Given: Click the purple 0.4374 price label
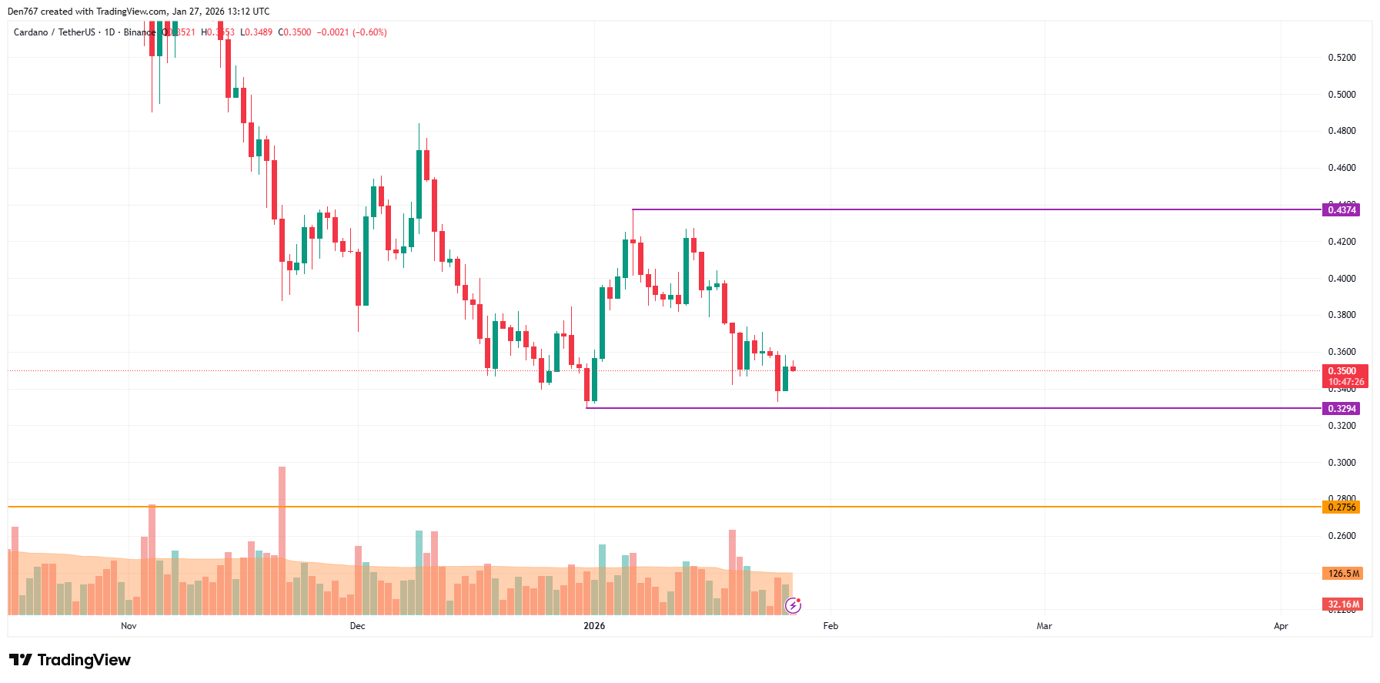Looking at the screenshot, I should coord(1341,209).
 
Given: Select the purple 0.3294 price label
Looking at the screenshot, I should coord(1341,408).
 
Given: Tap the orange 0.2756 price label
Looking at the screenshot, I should coord(1341,507).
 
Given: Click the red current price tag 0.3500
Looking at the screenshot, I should coord(1344,371).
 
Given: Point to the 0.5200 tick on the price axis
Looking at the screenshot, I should coord(1342,58).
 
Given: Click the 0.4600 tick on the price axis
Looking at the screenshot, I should coord(1342,168).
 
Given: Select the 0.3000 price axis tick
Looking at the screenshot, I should coord(1342,463).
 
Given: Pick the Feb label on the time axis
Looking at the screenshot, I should coord(830,626).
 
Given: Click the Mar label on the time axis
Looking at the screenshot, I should coord(1044,626).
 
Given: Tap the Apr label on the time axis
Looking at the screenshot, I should coord(1281,626).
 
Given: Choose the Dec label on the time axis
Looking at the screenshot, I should coord(357,626).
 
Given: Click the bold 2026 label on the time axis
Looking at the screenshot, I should coord(594,626).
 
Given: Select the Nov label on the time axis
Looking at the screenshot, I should coord(129,626).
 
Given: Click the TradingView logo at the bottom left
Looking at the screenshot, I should coord(70,660).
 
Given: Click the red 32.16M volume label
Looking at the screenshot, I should coord(1342,604).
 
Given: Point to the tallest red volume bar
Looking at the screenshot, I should coord(282,539).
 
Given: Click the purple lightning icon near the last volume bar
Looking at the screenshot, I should coord(793,606).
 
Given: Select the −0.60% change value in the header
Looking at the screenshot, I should coord(370,32).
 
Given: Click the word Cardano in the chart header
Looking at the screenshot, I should coord(31,32).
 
